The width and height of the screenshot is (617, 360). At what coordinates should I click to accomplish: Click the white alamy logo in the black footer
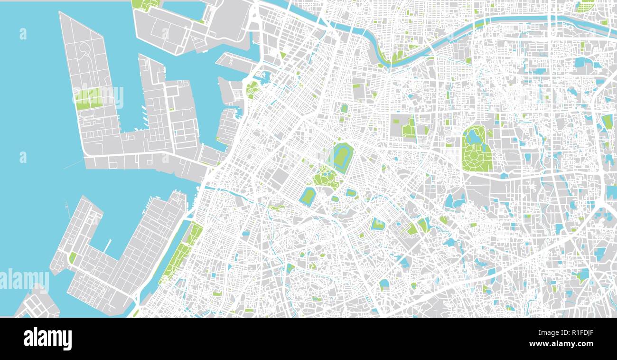point(47,339)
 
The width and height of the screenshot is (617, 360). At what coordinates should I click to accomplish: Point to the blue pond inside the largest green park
point(473,137)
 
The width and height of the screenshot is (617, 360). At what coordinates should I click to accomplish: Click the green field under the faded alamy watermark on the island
point(88,98)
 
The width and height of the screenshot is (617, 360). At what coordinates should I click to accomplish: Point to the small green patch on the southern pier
point(73,257)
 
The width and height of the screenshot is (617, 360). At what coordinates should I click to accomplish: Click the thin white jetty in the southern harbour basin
point(107,246)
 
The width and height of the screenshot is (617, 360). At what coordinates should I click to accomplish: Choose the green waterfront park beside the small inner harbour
point(252,89)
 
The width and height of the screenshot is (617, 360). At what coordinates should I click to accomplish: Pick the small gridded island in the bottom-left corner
point(38,304)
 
